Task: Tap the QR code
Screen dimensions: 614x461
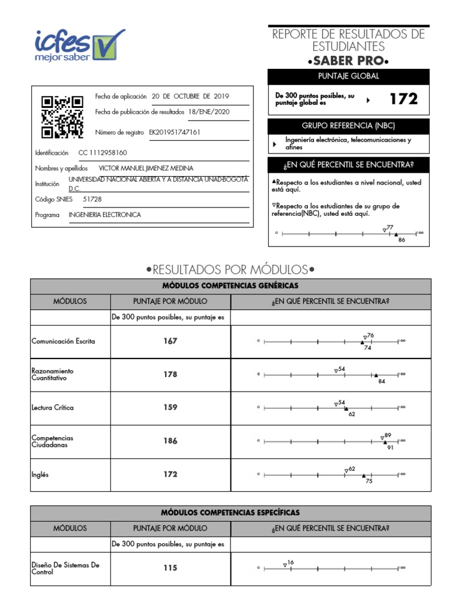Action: [x=62, y=117]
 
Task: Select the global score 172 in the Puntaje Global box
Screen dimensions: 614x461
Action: [x=403, y=100]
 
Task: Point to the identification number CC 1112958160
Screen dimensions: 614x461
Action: [x=103, y=153]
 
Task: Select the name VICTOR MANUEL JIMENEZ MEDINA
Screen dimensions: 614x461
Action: [x=146, y=168]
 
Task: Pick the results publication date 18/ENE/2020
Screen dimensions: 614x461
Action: [x=208, y=112]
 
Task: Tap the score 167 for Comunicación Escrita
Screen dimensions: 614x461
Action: [x=170, y=341]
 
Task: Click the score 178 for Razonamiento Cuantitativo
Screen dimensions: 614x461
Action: [x=170, y=375]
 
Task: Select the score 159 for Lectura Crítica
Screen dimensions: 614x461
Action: [x=170, y=408]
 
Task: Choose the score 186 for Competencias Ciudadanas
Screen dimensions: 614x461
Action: [x=170, y=441]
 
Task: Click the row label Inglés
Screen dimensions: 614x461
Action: [x=40, y=474]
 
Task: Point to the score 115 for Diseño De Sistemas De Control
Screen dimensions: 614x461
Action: [x=170, y=568]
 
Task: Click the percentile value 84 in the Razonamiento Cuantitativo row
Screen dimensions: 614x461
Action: [x=381, y=381]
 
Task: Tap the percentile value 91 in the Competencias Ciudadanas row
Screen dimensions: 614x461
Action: [x=390, y=447]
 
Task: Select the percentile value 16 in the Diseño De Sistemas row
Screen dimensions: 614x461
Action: [x=291, y=562]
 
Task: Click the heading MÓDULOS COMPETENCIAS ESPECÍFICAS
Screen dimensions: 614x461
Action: [x=230, y=513]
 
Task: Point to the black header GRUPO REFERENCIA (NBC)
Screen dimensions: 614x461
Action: [x=349, y=126]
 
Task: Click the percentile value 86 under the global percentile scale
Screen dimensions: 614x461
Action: [x=402, y=239]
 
